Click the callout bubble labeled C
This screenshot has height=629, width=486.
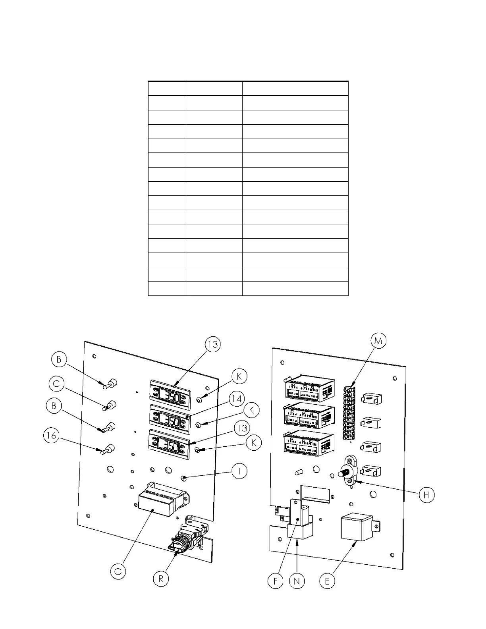[x=57, y=384]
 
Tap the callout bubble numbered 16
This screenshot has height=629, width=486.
[x=51, y=436]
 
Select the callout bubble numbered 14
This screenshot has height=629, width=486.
[x=237, y=398]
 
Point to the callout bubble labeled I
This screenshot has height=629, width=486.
[x=239, y=471]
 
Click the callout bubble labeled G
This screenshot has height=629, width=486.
[x=118, y=571]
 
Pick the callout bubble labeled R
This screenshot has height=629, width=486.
[x=161, y=579]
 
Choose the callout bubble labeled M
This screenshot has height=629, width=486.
[x=378, y=341]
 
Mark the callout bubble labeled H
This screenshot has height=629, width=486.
[x=426, y=495]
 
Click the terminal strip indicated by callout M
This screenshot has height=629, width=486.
[x=349, y=413]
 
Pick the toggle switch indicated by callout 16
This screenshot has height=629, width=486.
[x=108, y=450]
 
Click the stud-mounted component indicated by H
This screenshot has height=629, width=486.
[x=348, y=471]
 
